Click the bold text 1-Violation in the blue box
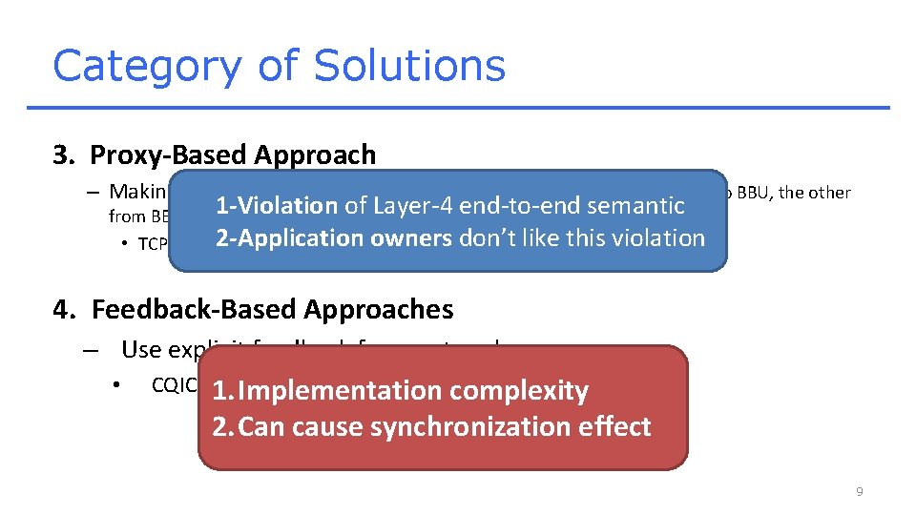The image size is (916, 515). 277,205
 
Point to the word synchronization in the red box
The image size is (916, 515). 464,427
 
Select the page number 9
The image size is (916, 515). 860,491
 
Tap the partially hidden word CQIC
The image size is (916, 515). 174,385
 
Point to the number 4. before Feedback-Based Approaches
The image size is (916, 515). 65,309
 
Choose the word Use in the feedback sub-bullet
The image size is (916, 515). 141,350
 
